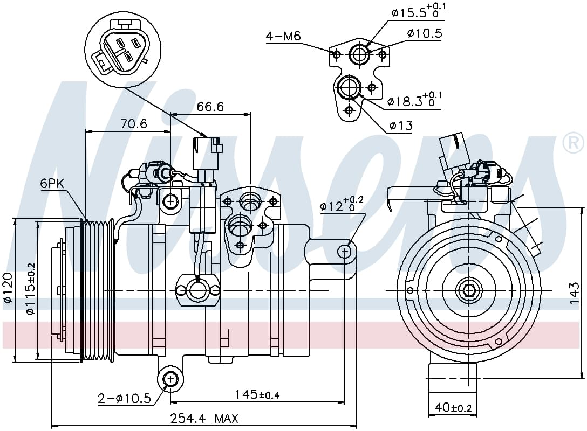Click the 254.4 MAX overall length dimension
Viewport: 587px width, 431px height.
[204, 418]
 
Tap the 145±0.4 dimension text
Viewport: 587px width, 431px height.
[257, 394]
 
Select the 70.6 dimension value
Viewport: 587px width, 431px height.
[134, 123]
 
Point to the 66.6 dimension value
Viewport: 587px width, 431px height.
[210, 107]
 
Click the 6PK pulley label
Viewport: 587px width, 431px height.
[52, 184]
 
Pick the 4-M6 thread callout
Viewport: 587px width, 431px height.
[283, 36]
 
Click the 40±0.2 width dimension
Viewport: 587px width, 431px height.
[453, 407]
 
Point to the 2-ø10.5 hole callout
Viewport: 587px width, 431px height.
[124, 399]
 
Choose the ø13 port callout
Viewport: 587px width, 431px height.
[401, 125]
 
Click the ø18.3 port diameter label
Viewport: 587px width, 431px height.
[414, 100]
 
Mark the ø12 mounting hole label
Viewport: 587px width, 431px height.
[342, 205]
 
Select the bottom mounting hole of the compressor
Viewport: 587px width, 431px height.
[170, 379]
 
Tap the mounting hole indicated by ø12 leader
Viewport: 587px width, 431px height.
[344, 252]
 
